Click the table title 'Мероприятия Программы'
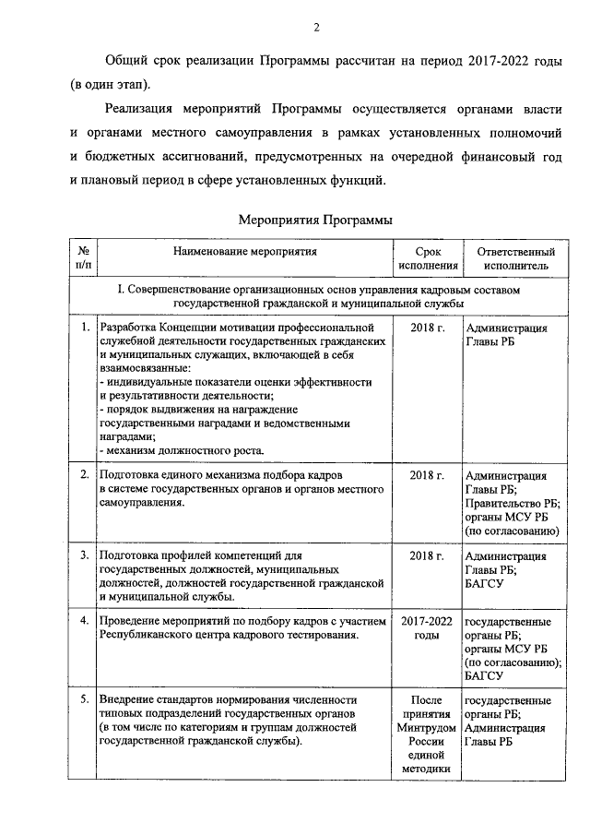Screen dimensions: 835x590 315,221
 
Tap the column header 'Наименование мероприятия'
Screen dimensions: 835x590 244,251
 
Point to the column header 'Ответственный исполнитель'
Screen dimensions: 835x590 515,258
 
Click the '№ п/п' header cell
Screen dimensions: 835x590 83,258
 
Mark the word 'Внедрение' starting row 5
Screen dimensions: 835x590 129,700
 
